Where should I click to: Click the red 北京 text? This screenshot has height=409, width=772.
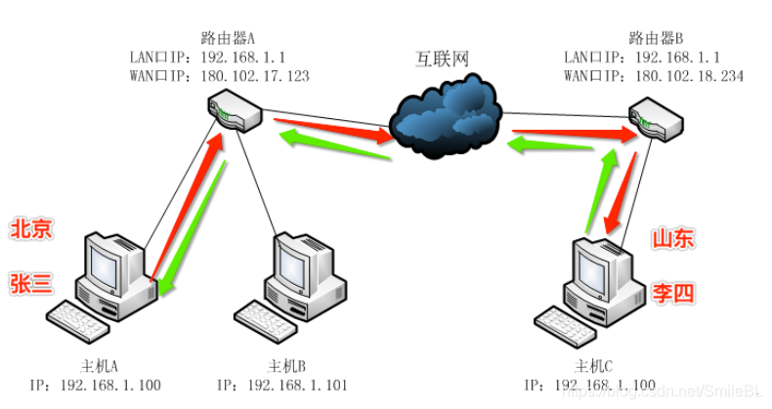pos(31,230)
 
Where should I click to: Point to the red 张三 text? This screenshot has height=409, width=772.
pos(31,283)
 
